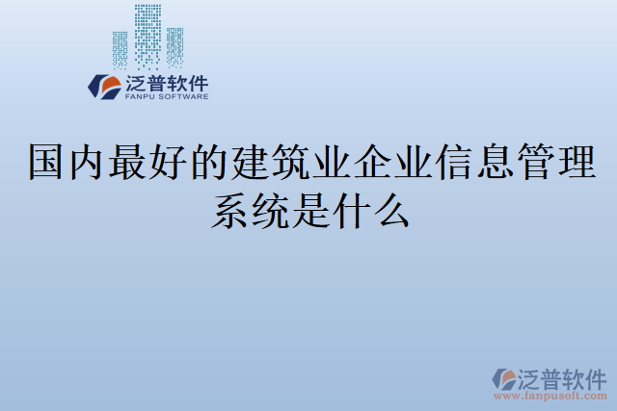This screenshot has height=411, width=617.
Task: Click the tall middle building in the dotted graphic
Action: pyautogui.click(x=148, y=35)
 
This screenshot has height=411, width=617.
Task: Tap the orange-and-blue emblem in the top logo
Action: pyautogui.click(x=104, y=87)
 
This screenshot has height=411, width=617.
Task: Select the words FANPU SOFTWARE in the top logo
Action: pyautogui.click(x=166, y=96)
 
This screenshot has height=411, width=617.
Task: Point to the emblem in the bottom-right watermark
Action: pyautogui.click(x=503, y=377)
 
